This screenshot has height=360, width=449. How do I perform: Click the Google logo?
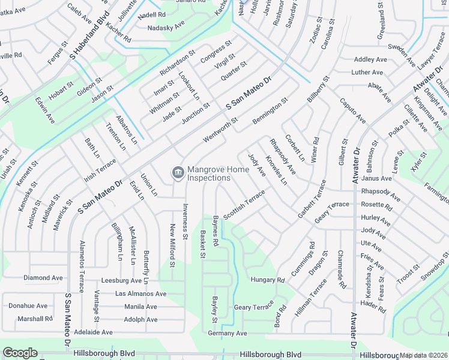(20, 353)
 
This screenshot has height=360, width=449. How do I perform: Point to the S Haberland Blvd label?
(89, 35)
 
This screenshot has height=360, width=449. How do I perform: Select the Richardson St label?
(178, 62)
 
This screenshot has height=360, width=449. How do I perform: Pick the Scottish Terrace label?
(244, 205)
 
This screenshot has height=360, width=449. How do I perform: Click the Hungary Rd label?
(267, 280)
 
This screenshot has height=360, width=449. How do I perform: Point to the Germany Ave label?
(228, 333)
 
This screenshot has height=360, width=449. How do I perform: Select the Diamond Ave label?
(43, 278)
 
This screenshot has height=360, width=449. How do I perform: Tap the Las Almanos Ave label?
(140, 293)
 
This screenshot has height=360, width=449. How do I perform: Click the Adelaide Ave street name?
(93, 332)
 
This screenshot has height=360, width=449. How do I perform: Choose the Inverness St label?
(185, 221)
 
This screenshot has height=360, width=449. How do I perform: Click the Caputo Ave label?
(352, 111)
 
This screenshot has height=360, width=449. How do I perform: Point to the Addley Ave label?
(370, 59)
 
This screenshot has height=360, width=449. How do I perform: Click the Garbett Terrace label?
(312, 199)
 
